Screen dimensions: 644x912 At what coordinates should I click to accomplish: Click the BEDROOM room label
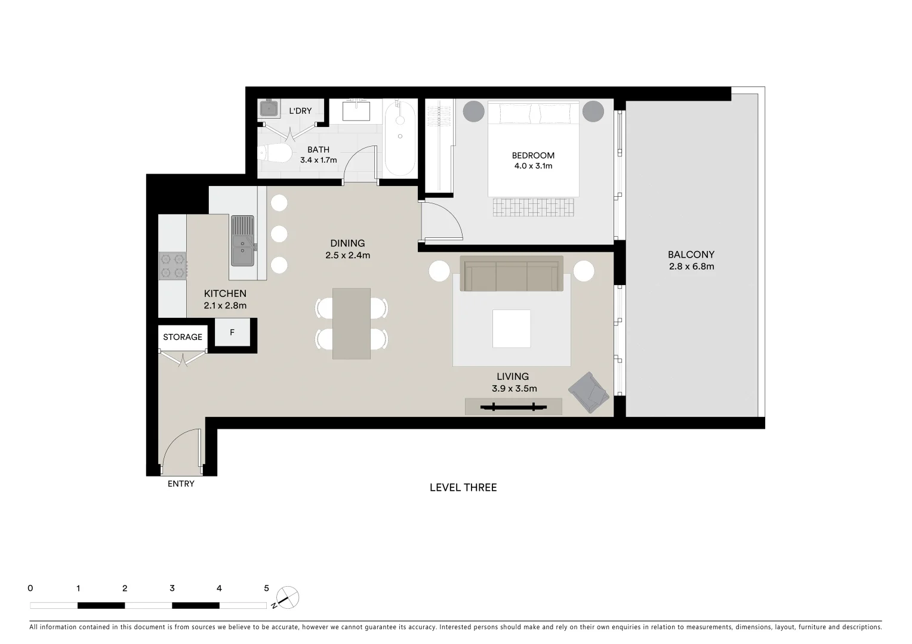click(x=533, y=156)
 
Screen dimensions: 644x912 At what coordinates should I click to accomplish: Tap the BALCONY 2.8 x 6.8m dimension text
click(x=691, y=267)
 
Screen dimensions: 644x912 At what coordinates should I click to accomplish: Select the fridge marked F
click(x=232, y=333)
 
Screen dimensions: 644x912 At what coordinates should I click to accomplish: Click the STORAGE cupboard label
click(x=183, y=337)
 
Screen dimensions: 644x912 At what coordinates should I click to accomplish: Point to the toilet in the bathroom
click(x=275, y=154)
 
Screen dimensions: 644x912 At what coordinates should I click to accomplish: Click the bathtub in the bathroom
click(x=399, y=138)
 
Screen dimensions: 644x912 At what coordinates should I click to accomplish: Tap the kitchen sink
click(x=242, y=241)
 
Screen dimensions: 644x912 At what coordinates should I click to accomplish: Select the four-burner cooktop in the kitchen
click(x=172, y=266)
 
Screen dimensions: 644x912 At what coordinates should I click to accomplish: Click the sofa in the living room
click(x=511, y=274)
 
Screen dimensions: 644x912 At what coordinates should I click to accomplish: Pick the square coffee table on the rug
click(x=511, y=329)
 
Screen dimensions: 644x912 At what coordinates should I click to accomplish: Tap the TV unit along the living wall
click(x=513, y=407)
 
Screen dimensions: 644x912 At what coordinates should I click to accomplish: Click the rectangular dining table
click(x=352, y=324)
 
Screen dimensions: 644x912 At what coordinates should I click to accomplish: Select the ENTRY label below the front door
click(x=181, y=484)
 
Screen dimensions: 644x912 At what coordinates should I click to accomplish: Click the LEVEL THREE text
click(x=463, y=488)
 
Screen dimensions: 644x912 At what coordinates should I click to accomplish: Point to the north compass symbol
click(x=288, y=597)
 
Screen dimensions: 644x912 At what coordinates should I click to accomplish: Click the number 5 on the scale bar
click(x=266, y=588)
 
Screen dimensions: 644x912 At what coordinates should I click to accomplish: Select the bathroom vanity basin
click(x=356, y=111)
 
